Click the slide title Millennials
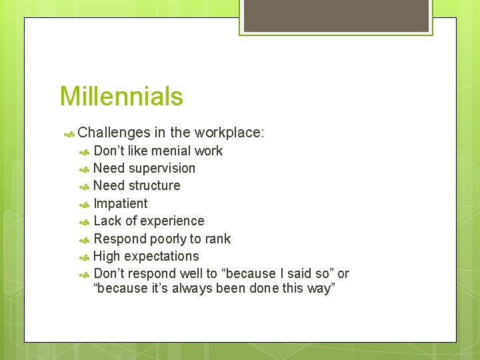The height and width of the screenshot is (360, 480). [121, 97]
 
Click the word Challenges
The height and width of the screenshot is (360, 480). [113, 133]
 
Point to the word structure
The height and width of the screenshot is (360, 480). [155, 185]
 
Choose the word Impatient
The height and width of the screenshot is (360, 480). [121, 203]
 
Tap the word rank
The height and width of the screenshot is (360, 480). [218, 239]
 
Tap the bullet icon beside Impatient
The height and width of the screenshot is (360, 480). [84, 204]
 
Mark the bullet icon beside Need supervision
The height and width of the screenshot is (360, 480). [84, 169]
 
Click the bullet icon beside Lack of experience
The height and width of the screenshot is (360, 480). [84, 221]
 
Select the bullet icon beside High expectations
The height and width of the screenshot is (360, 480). [84, 257]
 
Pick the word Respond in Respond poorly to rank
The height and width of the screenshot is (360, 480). [121, 239]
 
